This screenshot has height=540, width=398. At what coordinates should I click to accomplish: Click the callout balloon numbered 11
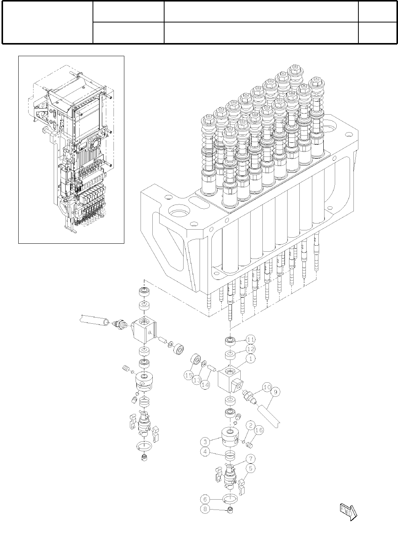pos(250,339)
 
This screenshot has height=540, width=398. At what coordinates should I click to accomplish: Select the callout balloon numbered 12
pos(250,349)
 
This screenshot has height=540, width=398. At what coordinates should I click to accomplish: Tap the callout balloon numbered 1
pos(250,358)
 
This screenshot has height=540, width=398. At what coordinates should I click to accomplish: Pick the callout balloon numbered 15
pos(189,375)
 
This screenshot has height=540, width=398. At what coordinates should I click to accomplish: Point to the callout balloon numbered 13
pos(197,380)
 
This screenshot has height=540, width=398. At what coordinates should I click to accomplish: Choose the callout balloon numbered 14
pos(205,385)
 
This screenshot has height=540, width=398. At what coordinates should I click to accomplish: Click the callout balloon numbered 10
pos(266,387)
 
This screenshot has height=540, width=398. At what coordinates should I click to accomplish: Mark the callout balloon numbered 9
pos(275,391)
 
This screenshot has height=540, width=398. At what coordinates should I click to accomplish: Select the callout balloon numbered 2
pos(250,425)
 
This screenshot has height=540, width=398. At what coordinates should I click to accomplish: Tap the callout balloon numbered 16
pos(259,430)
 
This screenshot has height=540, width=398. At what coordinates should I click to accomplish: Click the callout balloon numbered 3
pos(206,442)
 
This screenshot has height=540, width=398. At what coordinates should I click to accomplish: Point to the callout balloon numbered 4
pos(206,453)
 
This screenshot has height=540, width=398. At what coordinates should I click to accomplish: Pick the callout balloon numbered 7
pos(250,459)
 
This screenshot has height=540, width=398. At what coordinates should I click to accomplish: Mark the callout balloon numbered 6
pos(206,498)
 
